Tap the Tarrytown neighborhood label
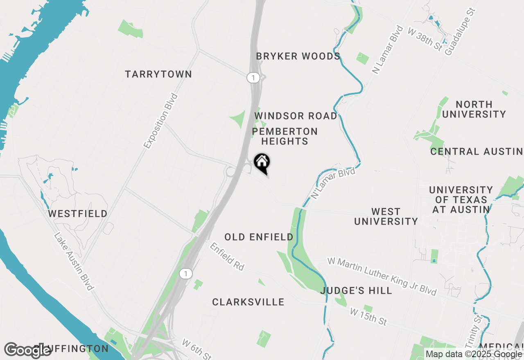(158, 74)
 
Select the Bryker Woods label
(298, 56)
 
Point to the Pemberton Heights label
(285, 136)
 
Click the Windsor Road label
(296, 116)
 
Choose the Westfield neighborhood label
(78, 214)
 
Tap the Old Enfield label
(259, 237)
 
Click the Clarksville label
(248, 302)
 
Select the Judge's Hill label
(356, 290)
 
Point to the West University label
(386, 216)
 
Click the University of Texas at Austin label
(461, 200)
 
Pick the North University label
(474, 109)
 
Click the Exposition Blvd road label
(161, 121)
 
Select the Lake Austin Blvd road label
(74, 262)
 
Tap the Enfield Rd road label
(227, 256)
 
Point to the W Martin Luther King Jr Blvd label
(382, 276)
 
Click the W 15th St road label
(368, 317)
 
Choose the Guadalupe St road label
(461, 32)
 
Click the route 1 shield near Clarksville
(186, 274)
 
